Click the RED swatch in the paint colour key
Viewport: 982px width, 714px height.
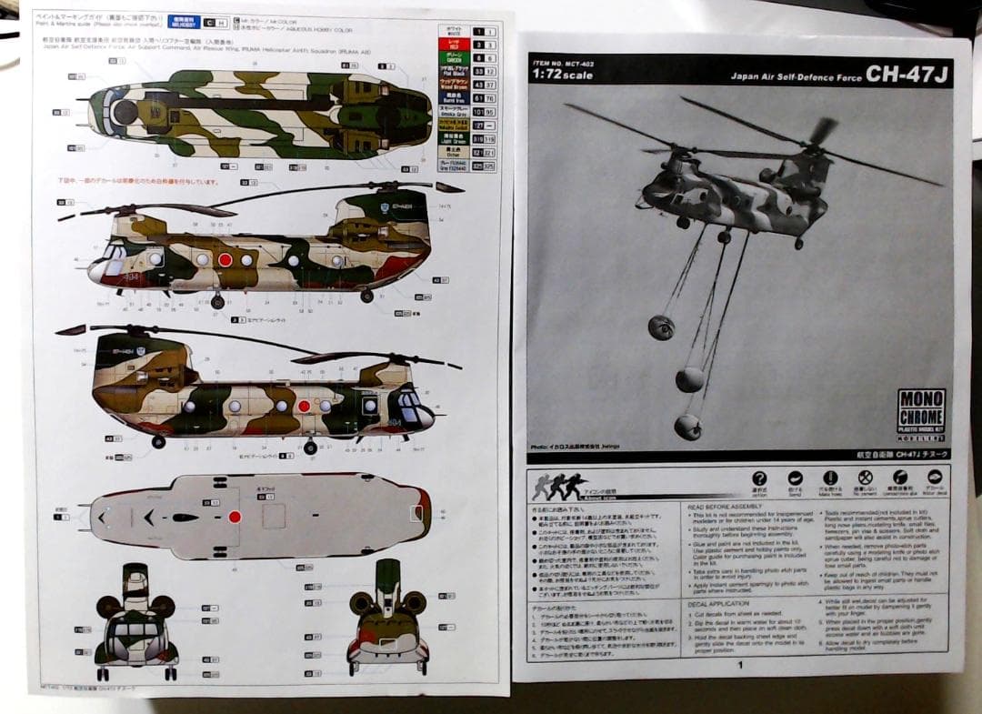click(x=453, y=44)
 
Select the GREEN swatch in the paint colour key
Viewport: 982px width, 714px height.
click(x=453, y=57)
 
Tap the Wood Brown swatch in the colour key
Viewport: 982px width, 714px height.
click(x=453, y=84)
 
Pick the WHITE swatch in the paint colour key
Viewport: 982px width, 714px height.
click(x=453, y=31)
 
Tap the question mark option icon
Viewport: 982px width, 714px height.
click(x=759, y=478)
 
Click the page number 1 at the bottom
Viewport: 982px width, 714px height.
click(x=740, y=665)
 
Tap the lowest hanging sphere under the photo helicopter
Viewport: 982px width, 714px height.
click(x=687, y=426)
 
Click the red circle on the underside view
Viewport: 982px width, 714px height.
click(x=235, y=517)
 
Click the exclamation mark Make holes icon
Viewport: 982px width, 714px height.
click(x=830, y=478)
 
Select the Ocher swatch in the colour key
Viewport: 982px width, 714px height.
click(x=453, y=153)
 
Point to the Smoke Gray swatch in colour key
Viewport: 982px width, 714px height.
click(x=453, y=111)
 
